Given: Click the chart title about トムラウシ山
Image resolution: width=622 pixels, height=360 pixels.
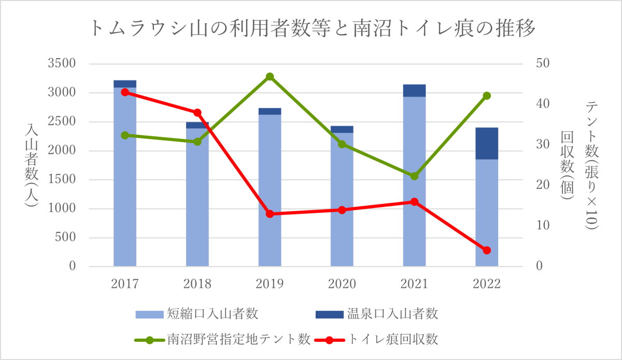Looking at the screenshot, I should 312,29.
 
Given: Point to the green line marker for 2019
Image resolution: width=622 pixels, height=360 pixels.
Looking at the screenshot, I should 270,77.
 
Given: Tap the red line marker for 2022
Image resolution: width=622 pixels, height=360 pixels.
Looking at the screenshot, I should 487,251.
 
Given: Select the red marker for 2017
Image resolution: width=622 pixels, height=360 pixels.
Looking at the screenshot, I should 125,92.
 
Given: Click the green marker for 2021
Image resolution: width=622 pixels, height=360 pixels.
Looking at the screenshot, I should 414,176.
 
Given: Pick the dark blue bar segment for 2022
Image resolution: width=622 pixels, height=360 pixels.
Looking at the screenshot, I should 487,143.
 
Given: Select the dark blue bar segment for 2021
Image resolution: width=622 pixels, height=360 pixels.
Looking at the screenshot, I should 414,90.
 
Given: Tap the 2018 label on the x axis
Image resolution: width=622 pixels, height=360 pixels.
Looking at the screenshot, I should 197,284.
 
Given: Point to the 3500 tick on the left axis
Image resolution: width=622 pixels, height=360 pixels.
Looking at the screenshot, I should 62,64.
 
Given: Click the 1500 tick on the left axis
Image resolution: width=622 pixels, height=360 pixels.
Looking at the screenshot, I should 62,180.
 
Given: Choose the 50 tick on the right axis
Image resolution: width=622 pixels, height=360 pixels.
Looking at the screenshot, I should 543,64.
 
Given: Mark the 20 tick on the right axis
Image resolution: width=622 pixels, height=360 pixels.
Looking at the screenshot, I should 543,185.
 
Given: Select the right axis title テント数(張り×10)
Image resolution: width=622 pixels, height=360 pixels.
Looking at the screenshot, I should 591,165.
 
